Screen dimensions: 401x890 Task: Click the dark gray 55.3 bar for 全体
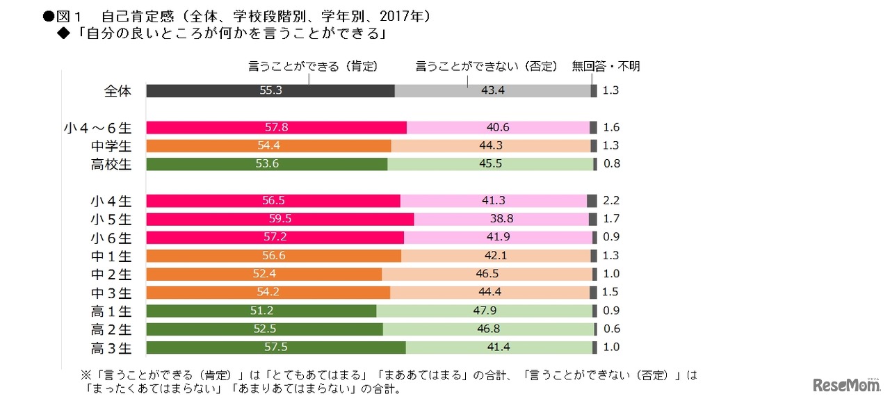[270, 91]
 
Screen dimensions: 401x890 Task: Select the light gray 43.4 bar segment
[492, 91]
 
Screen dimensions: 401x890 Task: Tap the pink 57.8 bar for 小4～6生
[276, 128]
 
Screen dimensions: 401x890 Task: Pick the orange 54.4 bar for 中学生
[268, 146]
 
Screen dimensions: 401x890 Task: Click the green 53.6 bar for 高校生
[266, 164]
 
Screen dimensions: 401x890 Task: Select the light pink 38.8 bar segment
[501, 219]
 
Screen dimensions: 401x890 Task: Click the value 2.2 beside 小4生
[611, 201]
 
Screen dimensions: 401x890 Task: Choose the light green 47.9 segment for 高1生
[484, 311]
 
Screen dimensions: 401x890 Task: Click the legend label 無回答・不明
[606, 67]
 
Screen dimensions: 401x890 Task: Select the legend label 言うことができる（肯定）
[313, 67]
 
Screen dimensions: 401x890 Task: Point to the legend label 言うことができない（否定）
[487, 67]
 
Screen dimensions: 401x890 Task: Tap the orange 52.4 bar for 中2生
[264, 274]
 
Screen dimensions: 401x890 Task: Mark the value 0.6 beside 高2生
[611, 329]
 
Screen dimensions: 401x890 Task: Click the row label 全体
[117, 91]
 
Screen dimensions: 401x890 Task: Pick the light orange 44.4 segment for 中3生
[489, 293]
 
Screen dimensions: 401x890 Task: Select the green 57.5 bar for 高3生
[276, 347]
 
